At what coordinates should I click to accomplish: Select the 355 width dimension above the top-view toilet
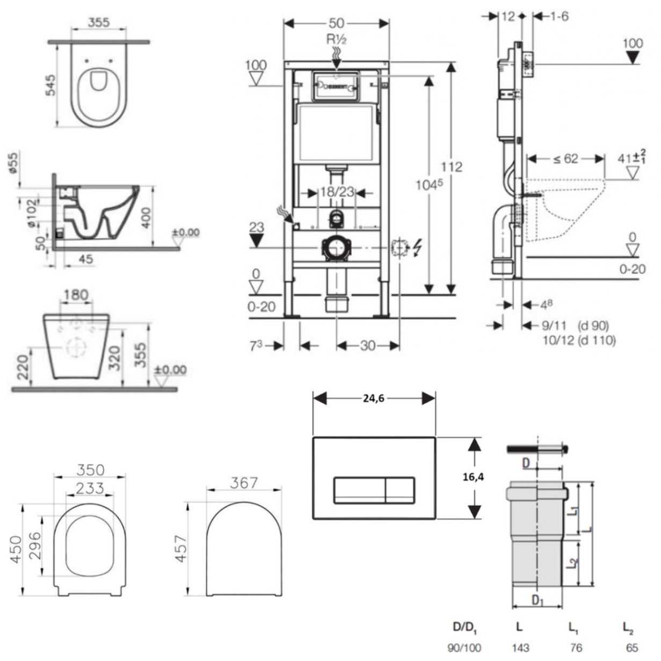click(x=98, y=22)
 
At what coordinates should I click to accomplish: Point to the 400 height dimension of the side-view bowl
click(x=146, y=217)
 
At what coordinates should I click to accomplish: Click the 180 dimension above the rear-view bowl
click(x=76, y=295)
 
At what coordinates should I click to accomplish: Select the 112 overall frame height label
click(x=451, y=167)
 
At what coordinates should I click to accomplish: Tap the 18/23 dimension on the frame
click(x=337, y=192)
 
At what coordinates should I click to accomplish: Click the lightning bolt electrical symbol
click(x=417, y=248)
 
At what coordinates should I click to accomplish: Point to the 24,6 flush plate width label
click(x=374, y=398)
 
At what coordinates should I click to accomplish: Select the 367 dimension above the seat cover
click(x=244, y=483)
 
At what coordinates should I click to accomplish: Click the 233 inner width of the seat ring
click(x=89, y=488)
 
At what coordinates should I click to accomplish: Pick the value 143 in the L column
click(x=520, y=648)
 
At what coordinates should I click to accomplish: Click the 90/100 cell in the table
click(x=464, y=648)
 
